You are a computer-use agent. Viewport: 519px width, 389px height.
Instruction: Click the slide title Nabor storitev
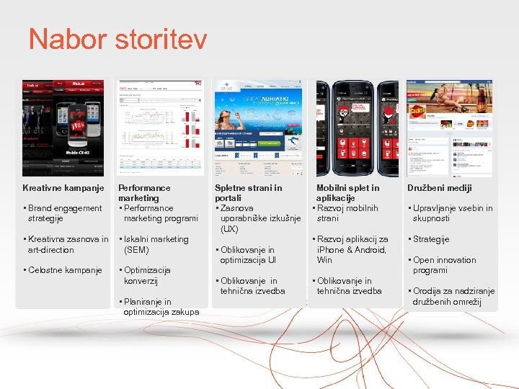tap(117, 39)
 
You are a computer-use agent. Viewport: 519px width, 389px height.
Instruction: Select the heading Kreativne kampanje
tap(63, 188)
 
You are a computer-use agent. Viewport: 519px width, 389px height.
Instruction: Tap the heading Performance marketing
tap(144, 192)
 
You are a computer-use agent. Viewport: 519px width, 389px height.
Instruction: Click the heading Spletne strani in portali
tap(248, 192)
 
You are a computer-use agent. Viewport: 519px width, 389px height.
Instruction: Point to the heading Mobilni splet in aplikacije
tap(347, 192)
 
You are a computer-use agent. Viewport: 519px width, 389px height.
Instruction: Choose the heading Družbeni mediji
tap(439, 188)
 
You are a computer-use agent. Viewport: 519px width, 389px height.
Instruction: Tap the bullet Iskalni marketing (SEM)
tap(155, 244)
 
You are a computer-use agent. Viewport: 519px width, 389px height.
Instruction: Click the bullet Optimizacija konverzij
tap(147, 275)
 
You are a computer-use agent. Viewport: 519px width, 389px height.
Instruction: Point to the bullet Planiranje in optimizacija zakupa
tap(160, 307)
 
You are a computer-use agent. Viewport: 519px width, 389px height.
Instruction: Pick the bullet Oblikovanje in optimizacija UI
tap(247, 255)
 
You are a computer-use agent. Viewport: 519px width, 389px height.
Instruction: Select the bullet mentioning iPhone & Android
tap(351, 249)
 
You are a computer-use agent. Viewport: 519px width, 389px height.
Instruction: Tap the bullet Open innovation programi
tap(443, 265)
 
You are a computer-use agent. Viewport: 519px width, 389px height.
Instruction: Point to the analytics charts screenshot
tap(161, 128)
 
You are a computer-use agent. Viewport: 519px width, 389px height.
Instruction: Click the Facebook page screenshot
tap(449, 128)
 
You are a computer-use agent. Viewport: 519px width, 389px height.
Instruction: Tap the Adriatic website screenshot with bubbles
tap(256, 128)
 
